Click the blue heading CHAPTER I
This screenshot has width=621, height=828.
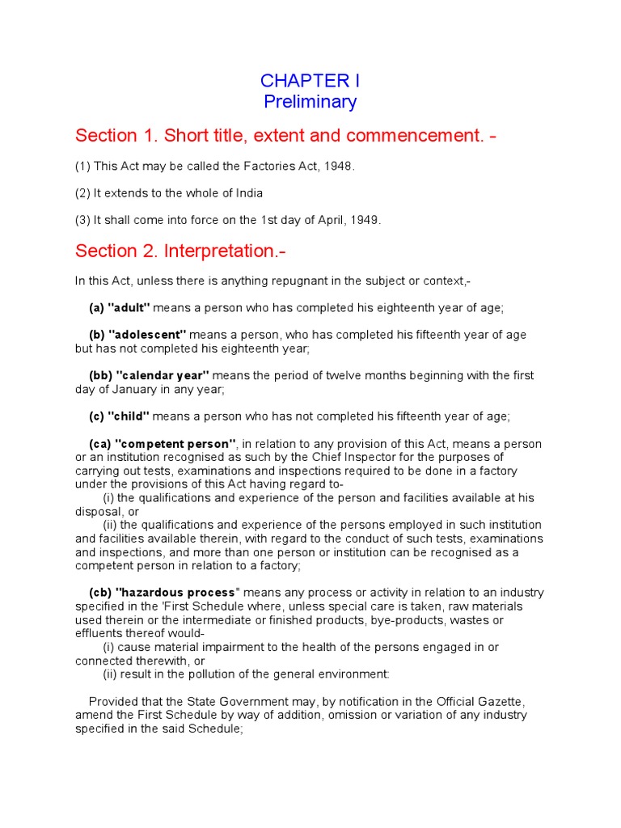click(310, 81)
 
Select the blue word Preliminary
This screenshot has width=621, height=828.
click(310, 102)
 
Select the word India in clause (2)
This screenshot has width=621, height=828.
click(247, 193)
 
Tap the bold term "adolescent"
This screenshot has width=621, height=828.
click(147, 335)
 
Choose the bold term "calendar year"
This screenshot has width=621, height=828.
click(163, 375)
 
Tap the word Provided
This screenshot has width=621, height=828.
click(113, 701)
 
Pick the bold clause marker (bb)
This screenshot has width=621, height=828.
click(99, 375)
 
